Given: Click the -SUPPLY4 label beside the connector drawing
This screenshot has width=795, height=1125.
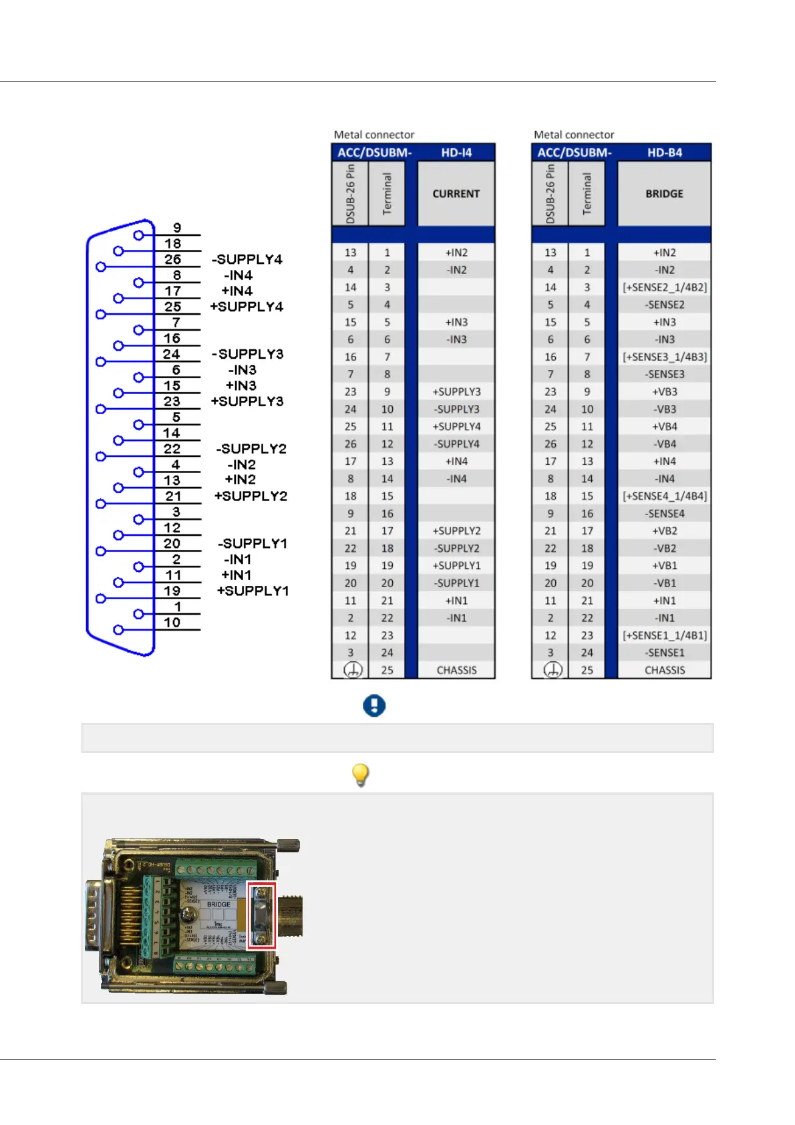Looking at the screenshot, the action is (x=247, y=259).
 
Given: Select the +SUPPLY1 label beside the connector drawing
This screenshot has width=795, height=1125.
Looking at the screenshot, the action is (x=253, y=591).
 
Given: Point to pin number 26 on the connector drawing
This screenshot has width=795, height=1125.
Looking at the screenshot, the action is (x=172, y=259).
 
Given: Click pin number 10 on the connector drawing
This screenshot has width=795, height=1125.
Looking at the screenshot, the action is (x=172, y=623).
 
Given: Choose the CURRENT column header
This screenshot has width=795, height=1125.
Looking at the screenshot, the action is (x=456, y=194).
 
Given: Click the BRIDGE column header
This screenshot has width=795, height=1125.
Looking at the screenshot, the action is (x=664, y=194).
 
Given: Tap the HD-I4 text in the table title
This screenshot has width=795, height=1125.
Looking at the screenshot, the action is (x=456, y=152).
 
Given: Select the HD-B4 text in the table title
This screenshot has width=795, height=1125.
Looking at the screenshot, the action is (x=665, y=152).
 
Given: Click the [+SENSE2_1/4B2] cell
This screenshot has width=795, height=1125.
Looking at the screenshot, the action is (x=665, y=287).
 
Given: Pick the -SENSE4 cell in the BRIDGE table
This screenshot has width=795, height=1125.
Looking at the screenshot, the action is (x=665, y=514).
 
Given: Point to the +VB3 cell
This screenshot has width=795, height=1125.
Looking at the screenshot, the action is (x=665, y=391).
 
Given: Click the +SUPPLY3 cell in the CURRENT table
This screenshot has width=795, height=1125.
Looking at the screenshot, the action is (x=456, y=391).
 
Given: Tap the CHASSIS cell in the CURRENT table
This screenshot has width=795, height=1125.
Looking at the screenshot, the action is (x=456, y=670).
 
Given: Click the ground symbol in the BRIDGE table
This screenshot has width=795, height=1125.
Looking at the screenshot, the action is (x=552, y=670).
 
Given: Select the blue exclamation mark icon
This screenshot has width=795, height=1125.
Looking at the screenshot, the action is (x=374, y=705).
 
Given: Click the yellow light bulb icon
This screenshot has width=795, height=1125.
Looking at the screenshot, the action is (x=360, y=774).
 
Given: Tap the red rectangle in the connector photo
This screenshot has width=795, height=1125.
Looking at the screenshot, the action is (x=261, y=915).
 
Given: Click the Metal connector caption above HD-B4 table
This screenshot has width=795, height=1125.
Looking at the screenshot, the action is (x=574, y=135).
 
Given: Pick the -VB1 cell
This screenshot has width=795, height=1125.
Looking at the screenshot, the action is (x=665, y=583).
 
